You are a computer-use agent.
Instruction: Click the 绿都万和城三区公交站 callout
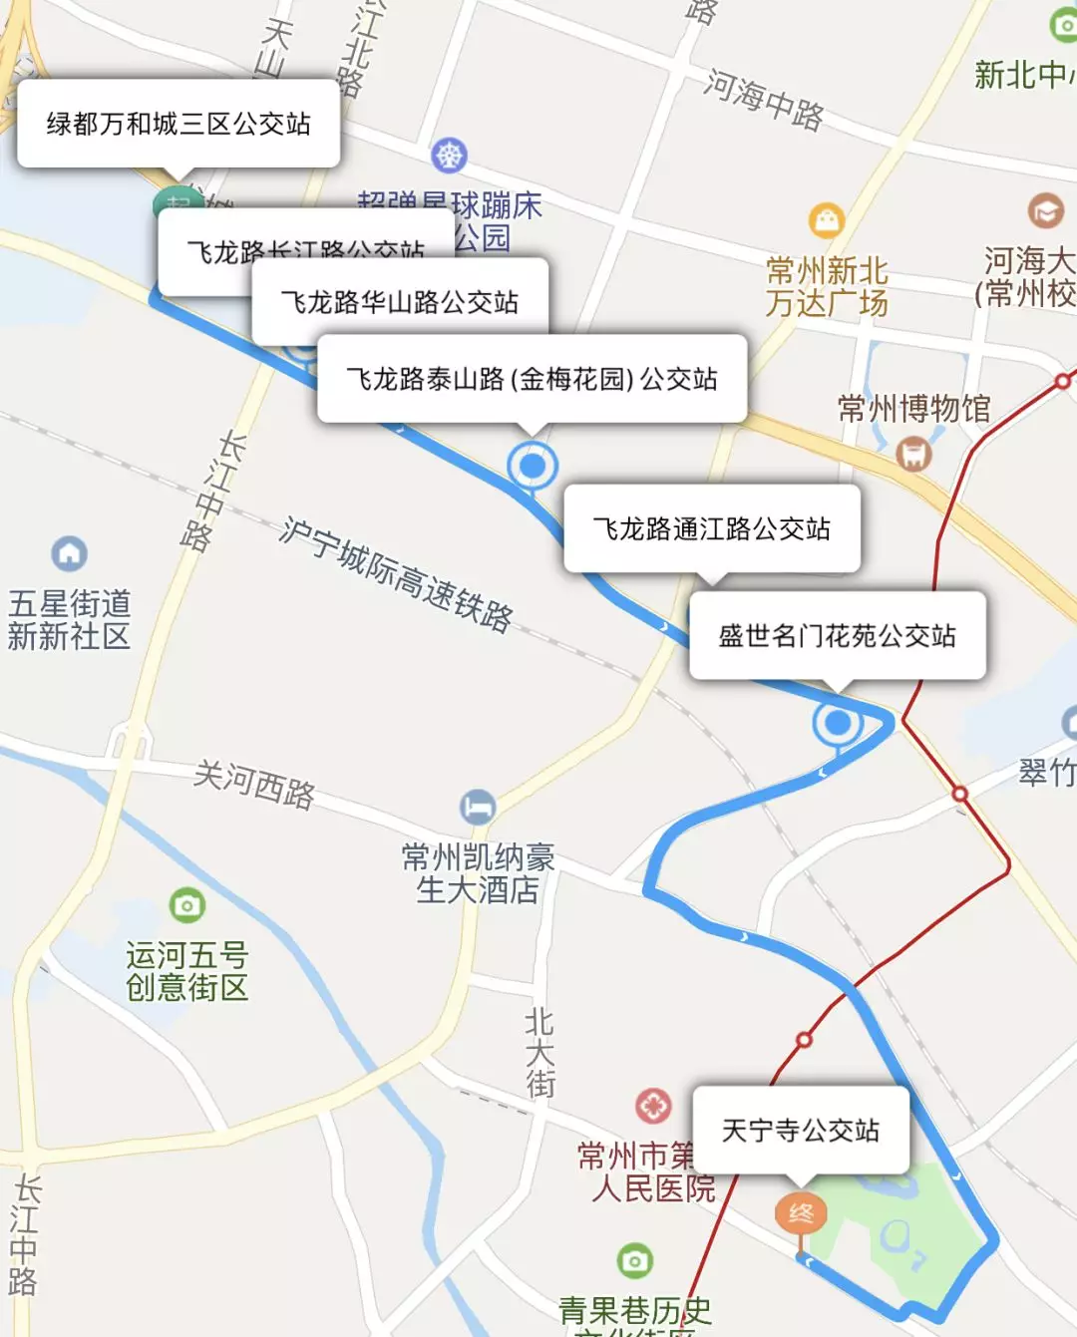click(179, 124)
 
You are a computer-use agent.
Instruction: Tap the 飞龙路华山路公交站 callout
click(399, 301)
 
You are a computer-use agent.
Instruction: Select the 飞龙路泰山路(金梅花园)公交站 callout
click(532, 379)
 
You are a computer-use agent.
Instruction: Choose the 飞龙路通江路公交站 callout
click(711, 528)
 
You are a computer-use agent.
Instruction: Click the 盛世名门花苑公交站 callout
click(837, 636)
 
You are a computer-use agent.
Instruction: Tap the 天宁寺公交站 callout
click(801, 1130)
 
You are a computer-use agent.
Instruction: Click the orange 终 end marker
click(801, 1213)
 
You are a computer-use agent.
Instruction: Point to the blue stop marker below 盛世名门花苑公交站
click(838, 722)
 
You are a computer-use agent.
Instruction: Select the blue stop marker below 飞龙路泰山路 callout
click(533, 465)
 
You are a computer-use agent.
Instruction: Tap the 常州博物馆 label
click(913, 409)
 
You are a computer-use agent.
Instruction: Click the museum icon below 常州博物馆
click(913, 454)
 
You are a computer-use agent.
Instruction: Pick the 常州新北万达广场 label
click(827, 287)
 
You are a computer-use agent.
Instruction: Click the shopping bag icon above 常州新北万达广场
click(827, 219)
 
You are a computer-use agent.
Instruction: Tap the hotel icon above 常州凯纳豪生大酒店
click(478, 807)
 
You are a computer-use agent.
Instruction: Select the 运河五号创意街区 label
click(186, 971)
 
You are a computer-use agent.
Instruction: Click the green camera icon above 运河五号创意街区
click(186, 905)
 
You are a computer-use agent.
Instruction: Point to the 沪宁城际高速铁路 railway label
click(396, 575)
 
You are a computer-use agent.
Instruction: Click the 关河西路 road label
click(254, 784)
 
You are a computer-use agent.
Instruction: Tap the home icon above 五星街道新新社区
click(69, 553)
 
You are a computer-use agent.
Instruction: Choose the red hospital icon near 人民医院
click(653, 1105)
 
